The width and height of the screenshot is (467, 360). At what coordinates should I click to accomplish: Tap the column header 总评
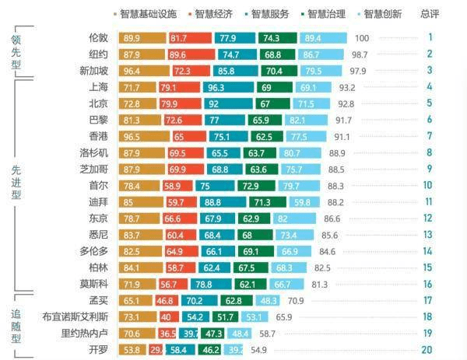(x=429, y=14)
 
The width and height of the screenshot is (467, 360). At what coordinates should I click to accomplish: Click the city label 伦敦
(x=98, y=37)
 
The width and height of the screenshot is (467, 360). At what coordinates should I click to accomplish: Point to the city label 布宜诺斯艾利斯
(x=75, y=316)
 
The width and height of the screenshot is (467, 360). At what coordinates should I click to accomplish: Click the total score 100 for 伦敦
(x=361, y=38)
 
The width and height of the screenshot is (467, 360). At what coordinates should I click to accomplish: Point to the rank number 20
(x=428, y=350)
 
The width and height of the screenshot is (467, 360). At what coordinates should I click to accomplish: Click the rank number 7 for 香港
(x=429, y=136)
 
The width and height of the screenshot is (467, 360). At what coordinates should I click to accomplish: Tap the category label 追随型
(x=16, y=325)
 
